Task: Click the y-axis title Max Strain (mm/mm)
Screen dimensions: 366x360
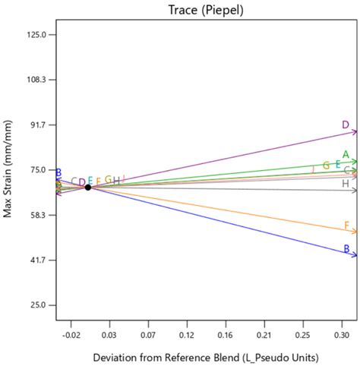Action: click(x=8, y=172)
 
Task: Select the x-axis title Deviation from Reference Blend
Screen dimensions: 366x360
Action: click(x=206, y=357)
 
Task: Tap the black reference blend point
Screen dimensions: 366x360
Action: click(x=88, y=187)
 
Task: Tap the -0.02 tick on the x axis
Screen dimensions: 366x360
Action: click(x=71, y=333)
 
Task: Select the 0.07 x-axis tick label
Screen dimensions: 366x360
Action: click(x=148, y=333)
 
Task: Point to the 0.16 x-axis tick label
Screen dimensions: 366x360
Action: click(x=226, y=333)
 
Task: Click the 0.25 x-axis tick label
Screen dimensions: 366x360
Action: click(x=303, y=333)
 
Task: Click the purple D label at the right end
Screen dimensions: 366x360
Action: click(x=346, y=125)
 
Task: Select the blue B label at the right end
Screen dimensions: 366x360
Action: click(x=346, y=249)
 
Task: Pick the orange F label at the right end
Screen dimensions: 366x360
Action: click(x=346, y=226)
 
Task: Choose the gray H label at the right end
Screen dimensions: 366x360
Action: click(x=346, y=184)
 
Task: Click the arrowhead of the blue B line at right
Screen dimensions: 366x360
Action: click(x=354, y=255)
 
